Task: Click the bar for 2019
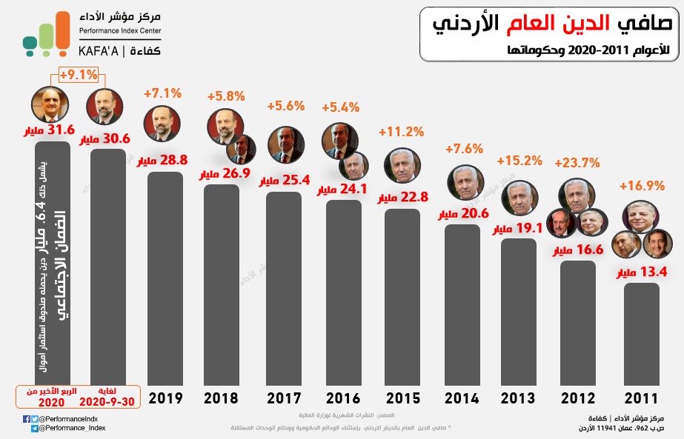[165, 278]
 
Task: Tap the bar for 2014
[462, 304]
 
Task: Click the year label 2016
[342, 398]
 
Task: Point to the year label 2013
[518, 398]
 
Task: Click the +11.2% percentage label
[401, 132]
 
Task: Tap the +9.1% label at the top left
[79, 74]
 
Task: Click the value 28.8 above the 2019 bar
[175, 160]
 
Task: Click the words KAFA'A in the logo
[99, 51]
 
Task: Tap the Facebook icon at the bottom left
[27, 419]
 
